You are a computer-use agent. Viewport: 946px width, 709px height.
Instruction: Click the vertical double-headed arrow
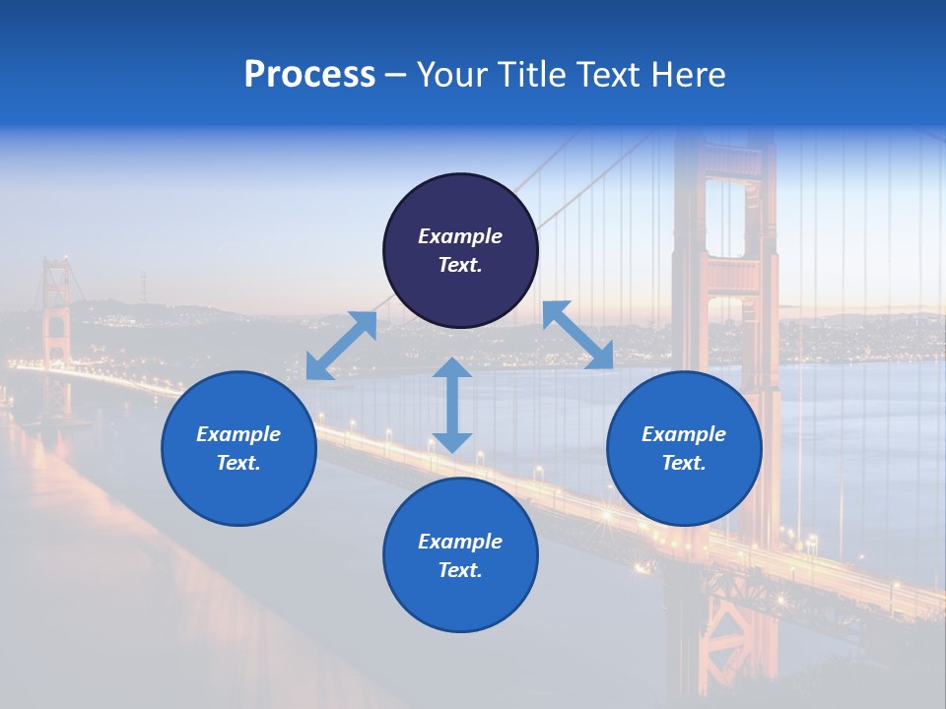tap(452, 405)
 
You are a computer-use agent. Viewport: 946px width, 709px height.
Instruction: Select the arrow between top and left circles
tap(342, 345)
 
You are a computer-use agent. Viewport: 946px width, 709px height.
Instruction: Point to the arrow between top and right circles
tap(578, 335)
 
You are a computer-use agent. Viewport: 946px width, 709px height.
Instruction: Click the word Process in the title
tap(309, 75)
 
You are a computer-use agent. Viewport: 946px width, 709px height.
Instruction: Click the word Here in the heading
tap(689, 75)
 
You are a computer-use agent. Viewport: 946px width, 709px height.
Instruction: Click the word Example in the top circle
tap(460, 236)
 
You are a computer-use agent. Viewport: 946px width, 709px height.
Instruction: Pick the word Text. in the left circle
tap(238, 463)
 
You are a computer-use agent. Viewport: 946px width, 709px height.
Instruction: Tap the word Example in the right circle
tap(684, 434)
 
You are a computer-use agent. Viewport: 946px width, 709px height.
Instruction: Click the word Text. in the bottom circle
tap(460, 570)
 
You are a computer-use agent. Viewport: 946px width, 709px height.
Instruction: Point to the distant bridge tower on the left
tap(55, 325)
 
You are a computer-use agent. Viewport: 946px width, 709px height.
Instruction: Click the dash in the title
tap(396, 75)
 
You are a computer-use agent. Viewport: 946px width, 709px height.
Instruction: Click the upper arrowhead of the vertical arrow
tap(452, 369)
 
